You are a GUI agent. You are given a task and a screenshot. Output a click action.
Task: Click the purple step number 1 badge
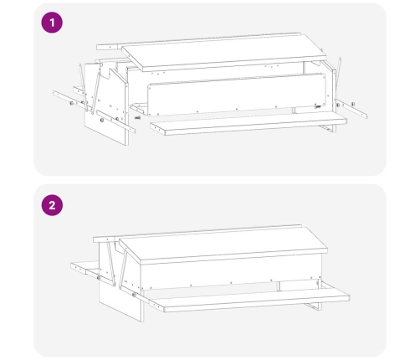[x=52, y=23]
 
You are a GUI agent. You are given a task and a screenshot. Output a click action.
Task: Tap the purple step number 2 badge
[x=52, y=205]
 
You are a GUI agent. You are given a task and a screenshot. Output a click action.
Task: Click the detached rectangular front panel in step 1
[x=237, y=95]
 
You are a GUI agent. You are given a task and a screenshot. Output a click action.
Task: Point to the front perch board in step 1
[x=248, y=124]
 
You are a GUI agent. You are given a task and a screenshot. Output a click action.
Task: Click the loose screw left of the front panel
[x=137, y=118]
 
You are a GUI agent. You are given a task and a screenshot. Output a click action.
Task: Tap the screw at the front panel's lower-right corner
[x=317, y=106]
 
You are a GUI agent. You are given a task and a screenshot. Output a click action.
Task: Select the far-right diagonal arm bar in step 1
[x=351, y=108]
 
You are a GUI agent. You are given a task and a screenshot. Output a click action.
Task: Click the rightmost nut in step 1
[x=353, y=104]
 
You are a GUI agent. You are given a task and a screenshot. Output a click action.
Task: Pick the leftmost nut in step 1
[x=72, y=103]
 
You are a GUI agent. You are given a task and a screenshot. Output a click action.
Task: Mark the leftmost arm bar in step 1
[x=70, y=100]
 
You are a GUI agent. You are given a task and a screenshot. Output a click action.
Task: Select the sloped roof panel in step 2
[x=223, y=245]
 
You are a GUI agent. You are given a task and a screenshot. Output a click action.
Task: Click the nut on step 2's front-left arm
[x=134, y=295]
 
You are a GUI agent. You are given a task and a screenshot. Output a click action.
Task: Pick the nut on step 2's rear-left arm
[x=99, y=278]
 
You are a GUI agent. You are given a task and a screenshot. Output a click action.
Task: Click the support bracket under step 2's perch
[x=312, y=306]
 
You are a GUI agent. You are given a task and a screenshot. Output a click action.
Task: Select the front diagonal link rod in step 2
[x=123, y=270]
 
